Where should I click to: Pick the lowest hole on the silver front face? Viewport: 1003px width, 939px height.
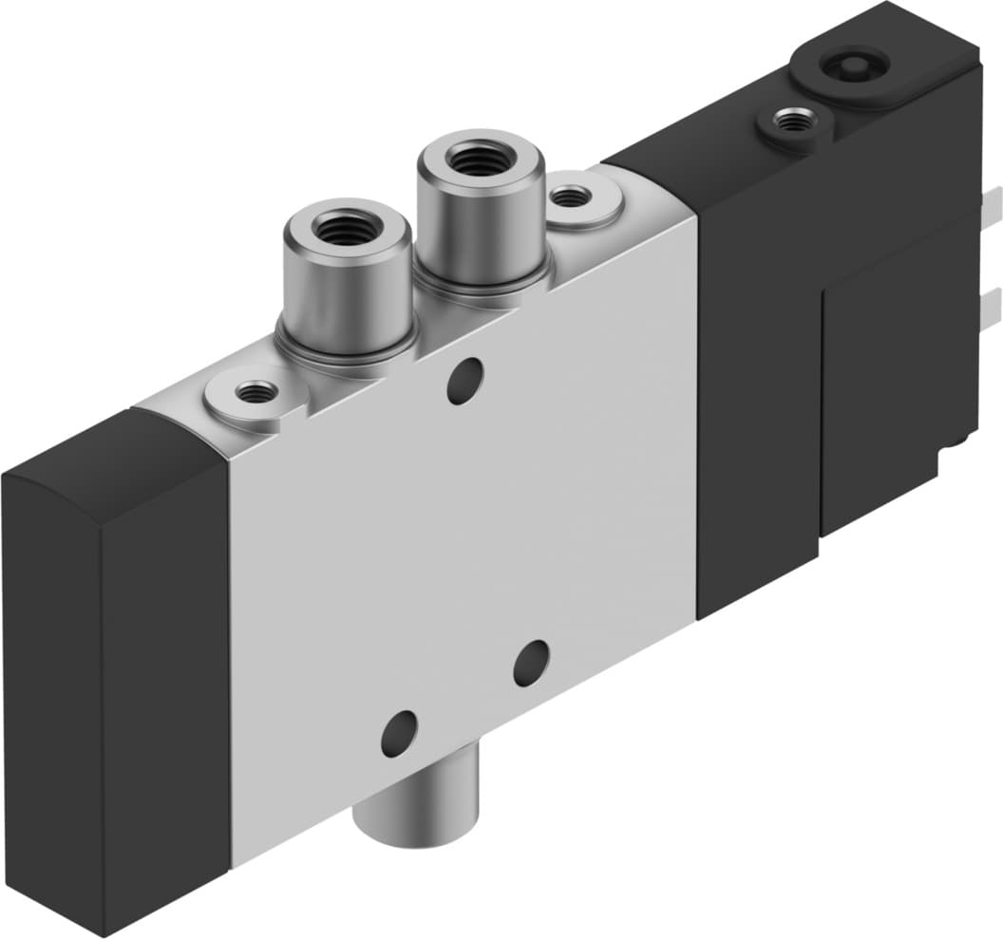[398, 732]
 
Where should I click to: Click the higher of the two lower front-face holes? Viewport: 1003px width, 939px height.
[531, 663]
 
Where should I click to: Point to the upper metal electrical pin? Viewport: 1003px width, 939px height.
[992, 203]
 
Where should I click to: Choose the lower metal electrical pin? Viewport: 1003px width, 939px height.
[992, 305]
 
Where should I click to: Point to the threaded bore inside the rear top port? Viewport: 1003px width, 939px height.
[481, 154]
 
